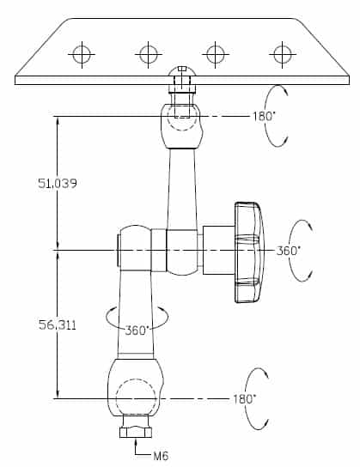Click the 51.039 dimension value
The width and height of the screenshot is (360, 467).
[x=58, y=183]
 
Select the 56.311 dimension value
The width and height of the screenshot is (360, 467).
[x=58, y=324]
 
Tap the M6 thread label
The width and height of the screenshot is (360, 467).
[x=161, y=456]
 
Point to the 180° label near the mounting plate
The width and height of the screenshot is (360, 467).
[x=263, y=116]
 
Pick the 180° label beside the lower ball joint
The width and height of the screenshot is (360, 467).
[x=244, y=399]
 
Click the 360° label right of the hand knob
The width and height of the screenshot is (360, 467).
[x=288, y=251]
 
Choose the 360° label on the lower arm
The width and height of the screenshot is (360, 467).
[x=137, y=331]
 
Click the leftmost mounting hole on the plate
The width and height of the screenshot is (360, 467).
[x=82, y=54]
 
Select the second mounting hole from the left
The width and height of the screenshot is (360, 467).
[x=149, y=54]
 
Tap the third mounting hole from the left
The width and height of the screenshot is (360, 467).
[x=216, y=54]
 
